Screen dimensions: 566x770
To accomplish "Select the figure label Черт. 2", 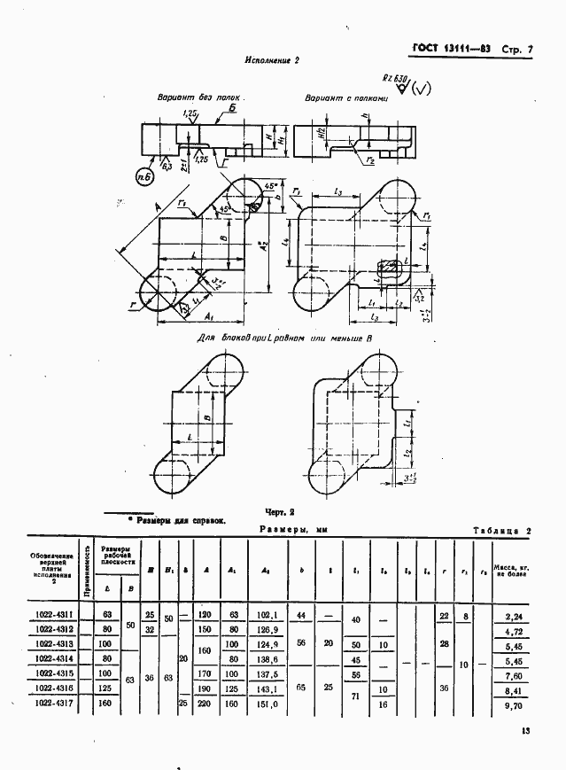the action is click(x=281, y=512).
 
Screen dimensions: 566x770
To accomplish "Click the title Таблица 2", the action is click(x=501, y=529).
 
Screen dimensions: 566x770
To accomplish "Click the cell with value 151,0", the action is click(x=266, y=704).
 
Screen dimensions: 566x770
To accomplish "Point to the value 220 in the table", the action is click(x=206, y=704).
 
